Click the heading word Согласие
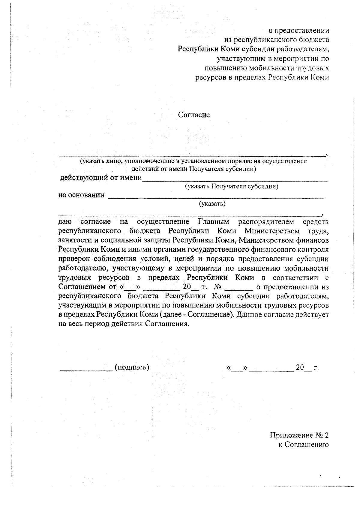[194, 115]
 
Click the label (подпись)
[132, 367]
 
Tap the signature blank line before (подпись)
[86, 370]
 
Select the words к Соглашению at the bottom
[304, 445]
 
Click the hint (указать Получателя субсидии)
[232, 186]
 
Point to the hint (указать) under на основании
[212, 204]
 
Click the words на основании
[82, 195]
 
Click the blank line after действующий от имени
[235, 181]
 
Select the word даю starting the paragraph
[65, 222]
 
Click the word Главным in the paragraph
[213, 222]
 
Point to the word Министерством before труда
[272, 231]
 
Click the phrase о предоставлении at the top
[298, 31]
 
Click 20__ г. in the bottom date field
[307, 367]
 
